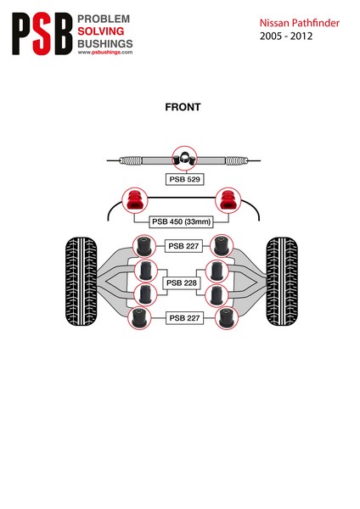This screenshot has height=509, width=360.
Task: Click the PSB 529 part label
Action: pos(184,179)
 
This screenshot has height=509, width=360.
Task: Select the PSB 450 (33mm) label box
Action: pos(182,221)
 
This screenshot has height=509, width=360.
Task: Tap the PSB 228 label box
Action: pos(182,282)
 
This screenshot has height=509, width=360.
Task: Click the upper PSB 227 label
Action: pos(183,246)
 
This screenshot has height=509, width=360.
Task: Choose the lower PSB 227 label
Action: pos(184,318)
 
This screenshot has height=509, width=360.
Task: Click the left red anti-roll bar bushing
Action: pos(134,200)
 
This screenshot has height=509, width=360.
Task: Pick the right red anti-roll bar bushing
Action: pos(228,200)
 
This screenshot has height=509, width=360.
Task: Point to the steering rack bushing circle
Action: pos(184,159)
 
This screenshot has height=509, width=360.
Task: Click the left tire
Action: pos(82,282)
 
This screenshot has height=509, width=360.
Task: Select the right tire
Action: pos(282,282)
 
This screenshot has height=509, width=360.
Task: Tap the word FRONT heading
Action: pos(183,107)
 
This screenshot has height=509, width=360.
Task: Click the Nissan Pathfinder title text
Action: pos(299,23)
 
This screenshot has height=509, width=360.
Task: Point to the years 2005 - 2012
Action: pos(286,36)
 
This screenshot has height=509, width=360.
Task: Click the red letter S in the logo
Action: pos(42,34)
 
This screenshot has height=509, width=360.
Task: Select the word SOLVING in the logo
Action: pos(101,31)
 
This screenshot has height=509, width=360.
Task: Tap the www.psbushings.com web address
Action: pos(105,53)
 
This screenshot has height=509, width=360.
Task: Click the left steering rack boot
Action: pos(130,160)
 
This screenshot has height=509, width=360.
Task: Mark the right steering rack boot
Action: pos(237,160)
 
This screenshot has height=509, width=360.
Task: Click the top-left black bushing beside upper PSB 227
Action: pos(144,246)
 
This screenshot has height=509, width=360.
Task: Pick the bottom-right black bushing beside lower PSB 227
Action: pos(227,318)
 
